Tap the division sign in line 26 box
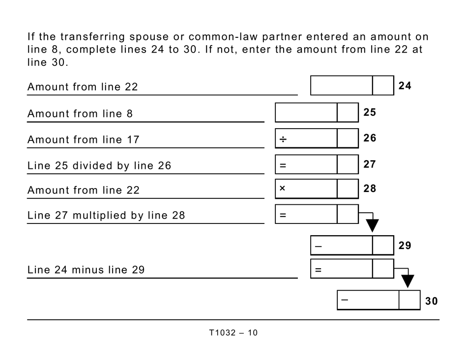pos(283,139)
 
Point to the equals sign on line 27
pos(283,166)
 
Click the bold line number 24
pos(405,86)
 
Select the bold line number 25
pos(370,112)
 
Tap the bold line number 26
pos(370,138)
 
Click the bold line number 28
pos(370,189)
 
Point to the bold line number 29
pos(405,245)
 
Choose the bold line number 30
pos(431,301)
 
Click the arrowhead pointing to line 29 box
pos(373,225)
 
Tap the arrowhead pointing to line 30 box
pos(408,281)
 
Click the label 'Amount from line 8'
pos(80,114)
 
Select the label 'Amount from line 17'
pos(83,140)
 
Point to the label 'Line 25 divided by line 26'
pos(99,166)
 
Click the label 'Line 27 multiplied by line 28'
pos(106,216)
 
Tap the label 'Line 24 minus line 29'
pos(86,270)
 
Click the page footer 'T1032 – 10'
pos(233,333)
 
